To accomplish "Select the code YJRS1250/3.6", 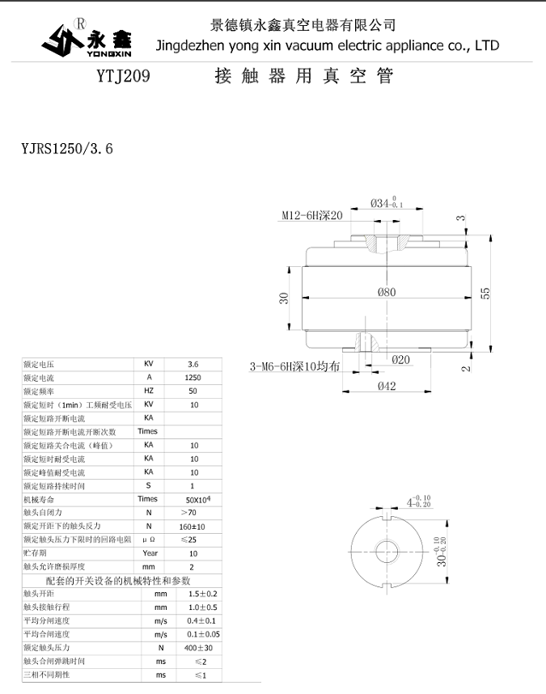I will coord(67,149).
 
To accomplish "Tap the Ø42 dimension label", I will coord(387,387).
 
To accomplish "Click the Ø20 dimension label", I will coord(400,359).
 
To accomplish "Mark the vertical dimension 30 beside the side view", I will coord(284,298).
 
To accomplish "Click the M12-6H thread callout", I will coord(312,216).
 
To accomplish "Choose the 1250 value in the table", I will coord(193,377).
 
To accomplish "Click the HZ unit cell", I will coord(149,391).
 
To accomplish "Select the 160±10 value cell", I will coord(193,527).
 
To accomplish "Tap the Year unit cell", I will coord(149,553).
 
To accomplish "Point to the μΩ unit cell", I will coord(149,540).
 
